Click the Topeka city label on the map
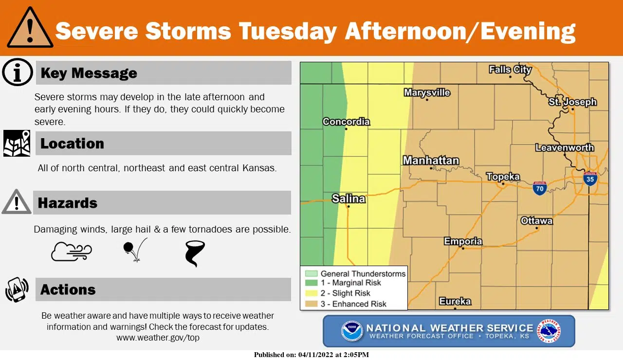(x=503, y=177)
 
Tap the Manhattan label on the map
(x=431, y=160)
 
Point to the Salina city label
(x=348, y=198)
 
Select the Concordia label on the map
(x=346, y=122)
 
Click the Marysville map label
(x=427, y=92)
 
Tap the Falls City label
(x=510, y=70)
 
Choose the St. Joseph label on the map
(x=572, y=102)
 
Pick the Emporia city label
(x=463, y=241)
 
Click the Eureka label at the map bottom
(x=455, y=301)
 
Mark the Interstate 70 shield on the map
(x=539, y=188)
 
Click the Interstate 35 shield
(x=590, y=178)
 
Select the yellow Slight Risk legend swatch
(x=311, y=293)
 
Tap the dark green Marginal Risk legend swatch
(x=311, y=283)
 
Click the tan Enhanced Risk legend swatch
(x=311, y=304)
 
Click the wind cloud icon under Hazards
(x=71, y=252)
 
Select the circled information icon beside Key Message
(x=17, y=72)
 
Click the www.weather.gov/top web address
(x=158, y=338)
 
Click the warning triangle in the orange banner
(x=30, y=28)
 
